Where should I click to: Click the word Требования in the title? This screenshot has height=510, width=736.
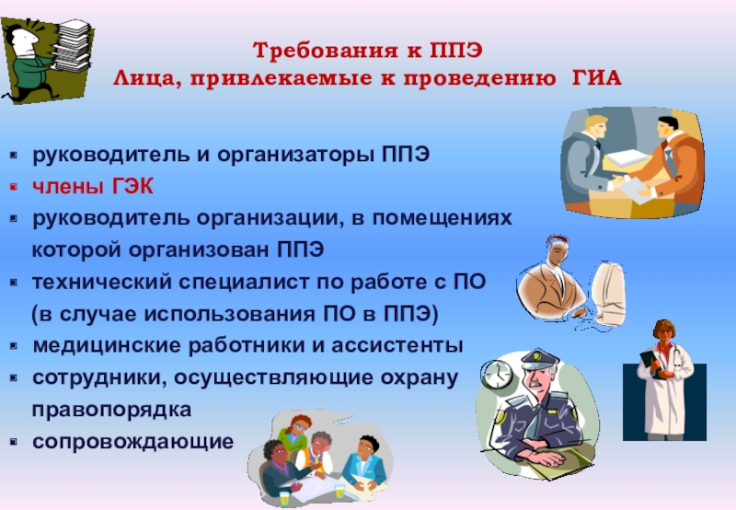click(x=327, y=51)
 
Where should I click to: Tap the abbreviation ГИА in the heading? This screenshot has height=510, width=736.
click(x=597, y=78)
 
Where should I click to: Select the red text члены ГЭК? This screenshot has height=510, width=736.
click(x=93, y=187)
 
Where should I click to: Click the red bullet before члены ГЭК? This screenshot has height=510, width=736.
click(x=14, y=187)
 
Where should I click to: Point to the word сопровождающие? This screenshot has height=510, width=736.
click(x=132, y=442)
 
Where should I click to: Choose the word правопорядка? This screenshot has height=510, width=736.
click(x=111, y=410)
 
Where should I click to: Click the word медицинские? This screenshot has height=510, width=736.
click(x=107, y=345)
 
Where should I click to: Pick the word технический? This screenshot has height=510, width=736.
click(x=102, y=283)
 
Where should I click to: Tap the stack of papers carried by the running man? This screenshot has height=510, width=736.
click(x=73, y=46)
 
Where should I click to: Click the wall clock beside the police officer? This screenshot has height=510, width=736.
click(x=497, y=374)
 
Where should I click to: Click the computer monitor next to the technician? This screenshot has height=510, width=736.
click(x=608, y=292)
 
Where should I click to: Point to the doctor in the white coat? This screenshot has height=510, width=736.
click(x=664, y=380)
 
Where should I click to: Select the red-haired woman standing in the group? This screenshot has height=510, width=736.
click(x=294, y=435)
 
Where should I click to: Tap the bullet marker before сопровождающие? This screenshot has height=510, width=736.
click(x=14, y=442)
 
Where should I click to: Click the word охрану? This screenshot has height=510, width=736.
click(x=420, y=378)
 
